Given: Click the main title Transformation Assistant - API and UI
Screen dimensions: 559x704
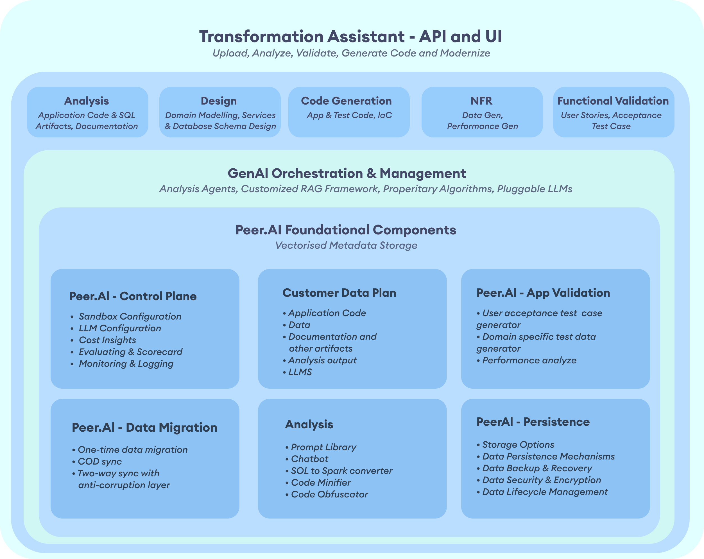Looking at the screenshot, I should click(x=350, y=36).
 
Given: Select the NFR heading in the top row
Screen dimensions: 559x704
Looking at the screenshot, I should click(x=481, y=101).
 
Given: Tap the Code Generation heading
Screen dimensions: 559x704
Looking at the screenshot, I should click(x=346, y=101).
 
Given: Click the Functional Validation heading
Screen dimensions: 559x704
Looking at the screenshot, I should click(x=613, y=101).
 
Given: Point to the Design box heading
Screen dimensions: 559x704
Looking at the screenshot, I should click(x=218, y=101).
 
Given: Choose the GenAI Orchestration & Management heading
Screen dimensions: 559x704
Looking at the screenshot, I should click(x=347, y=173).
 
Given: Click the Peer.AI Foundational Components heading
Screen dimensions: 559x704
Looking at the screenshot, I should click(x=345, y=230).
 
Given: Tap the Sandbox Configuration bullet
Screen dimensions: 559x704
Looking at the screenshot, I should click(x=130, y=316).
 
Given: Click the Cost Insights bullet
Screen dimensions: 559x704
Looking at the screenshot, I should click(x=107, y=340).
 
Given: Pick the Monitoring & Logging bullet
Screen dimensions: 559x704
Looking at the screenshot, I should click(x=126, y=363).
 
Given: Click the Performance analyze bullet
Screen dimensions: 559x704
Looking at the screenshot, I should click(x=529, y=360).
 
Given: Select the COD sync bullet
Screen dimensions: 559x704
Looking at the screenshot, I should click(x=99, y=461).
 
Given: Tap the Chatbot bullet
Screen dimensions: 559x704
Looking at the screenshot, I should click(x=309, y=459).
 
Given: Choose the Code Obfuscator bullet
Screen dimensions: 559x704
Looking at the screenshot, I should click(x=329, y=494).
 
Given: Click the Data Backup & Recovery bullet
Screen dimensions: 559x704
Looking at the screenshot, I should click(x=537, y=468).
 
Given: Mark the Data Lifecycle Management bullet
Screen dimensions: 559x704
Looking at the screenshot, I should click(x=545, y=492).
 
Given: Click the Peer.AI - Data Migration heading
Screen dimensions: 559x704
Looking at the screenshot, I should click(x=144, y=427).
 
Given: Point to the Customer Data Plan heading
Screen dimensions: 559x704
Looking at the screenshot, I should click(x=339, y=293).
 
